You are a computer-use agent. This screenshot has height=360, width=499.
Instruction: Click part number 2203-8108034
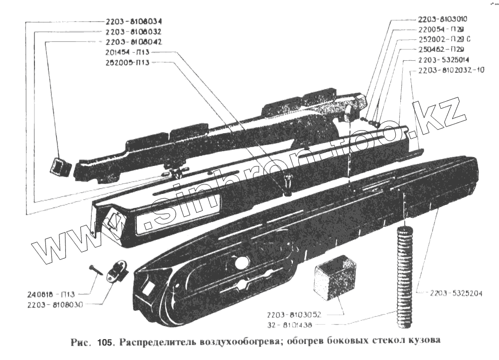point(134,22)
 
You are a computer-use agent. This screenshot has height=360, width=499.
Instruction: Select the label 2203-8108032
point(133,32)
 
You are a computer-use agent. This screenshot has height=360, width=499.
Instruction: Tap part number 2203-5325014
point(442,60)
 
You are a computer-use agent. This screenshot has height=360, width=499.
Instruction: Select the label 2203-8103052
point(293,315)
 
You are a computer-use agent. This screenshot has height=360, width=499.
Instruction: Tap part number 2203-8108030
point(56,304)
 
